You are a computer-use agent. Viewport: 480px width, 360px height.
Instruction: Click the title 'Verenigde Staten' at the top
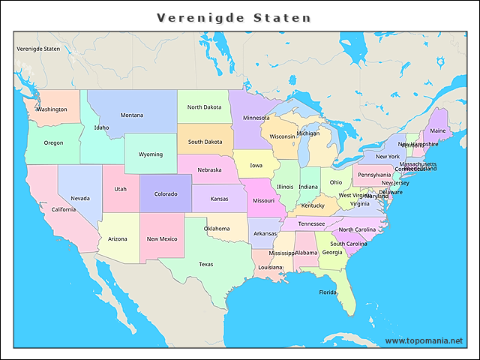[234, 17]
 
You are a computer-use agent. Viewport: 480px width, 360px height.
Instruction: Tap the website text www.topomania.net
[424, 341]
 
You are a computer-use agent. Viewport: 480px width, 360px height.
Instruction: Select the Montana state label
[132, 115]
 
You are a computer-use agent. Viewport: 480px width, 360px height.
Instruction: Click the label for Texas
[205, 264]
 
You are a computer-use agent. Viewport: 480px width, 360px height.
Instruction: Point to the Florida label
[328, 292]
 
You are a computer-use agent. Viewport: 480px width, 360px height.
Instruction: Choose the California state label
[63, 209]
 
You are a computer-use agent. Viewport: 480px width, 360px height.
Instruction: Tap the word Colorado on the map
[166, 193]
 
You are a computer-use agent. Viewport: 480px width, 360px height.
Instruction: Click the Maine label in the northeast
[437, 130]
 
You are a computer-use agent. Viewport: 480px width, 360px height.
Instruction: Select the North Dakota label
[204, 106]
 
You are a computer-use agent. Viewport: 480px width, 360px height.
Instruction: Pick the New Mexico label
[162, 238]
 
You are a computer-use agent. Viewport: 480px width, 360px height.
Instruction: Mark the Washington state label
[52, 109]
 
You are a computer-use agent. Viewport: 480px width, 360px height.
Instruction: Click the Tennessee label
[311, 223]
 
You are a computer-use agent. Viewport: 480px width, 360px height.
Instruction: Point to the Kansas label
[219, 199]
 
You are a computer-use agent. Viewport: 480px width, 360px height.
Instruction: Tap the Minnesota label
[256, 117]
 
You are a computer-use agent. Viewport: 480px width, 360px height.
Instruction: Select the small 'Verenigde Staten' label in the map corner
[38, 49]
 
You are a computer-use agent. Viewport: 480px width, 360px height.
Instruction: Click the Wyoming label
[150, 154]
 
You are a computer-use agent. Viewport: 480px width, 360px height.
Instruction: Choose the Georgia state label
[332, 252]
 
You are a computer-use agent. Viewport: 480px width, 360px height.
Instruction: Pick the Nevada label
[80, 198]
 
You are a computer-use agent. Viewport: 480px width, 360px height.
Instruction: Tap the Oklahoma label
[217, 228]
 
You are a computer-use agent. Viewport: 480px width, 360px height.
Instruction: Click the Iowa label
[256, 165]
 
